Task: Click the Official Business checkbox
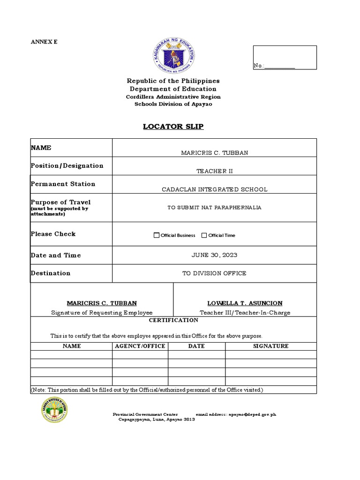pyautogui.click(x=157, y=235)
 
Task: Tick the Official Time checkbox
pyautogui.click(x=204, y=235)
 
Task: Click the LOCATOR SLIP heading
pyautogui.click(x=173, y=127)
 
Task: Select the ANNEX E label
pyautogui.click(x=44, y=42)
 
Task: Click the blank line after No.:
pyautogui.click(x=280, y=66)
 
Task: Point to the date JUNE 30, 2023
pyautogui.click(x=214, y=255)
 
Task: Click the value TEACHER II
pyautogui.click(x=214, y=171)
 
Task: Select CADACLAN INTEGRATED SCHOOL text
pyautogui.click(x=214, y=189)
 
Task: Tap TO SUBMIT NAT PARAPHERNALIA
pyautogui.click(x=214, y=207)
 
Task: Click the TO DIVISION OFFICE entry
pyautogui.click(x=214, y=273)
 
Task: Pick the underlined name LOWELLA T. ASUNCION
pyautogui.click(x=245, y=303)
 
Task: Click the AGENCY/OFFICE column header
pyautogui.click(x=140, y=346)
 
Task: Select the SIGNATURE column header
pyautogui.click(x=270, y=346)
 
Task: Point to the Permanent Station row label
pyautogui.click(x=63, y=184)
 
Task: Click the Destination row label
pyautogui.click(x=51, y=273)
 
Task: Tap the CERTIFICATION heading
pyautogui.click(x=173, y=320)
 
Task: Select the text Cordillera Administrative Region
pyautogui.click(x=173, y=97)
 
